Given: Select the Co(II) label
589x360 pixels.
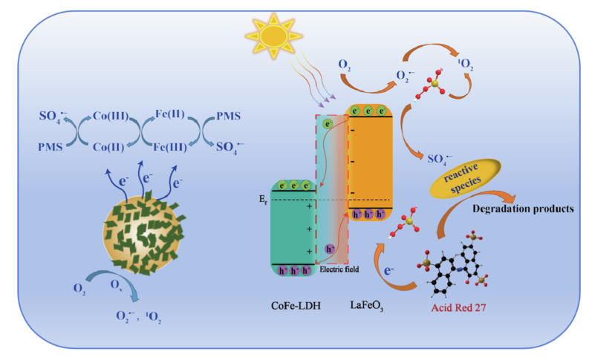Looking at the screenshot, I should click(x=110, y=148).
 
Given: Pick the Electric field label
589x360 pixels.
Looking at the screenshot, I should click(x=339, y=269).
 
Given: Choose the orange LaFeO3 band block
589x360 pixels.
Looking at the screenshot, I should click(x=370, y=160).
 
